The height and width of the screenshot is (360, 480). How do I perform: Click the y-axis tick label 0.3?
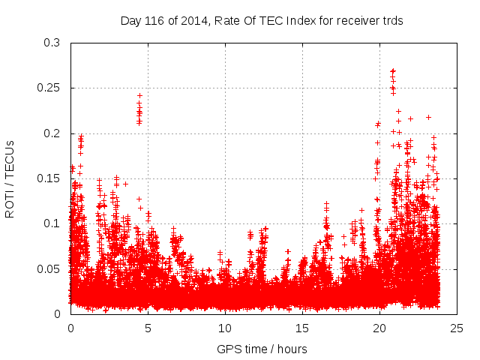pos(52,43)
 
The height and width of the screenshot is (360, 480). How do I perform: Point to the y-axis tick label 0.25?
pos(49,88)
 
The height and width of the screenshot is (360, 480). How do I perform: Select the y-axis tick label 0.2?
pos(52,133)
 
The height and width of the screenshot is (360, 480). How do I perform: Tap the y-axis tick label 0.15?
pos(49,178)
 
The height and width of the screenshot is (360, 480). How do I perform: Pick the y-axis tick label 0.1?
pos(52,223)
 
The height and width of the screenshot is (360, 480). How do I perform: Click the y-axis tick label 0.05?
pos(49,268)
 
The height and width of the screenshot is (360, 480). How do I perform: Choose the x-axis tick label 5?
pos(148,328)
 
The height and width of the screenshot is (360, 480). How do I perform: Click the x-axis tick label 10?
pos(225,328)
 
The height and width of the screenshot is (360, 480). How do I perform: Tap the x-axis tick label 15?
pos(302,328)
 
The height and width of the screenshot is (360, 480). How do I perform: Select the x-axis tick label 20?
pos(379,328)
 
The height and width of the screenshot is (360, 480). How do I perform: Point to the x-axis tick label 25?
pos(457,328)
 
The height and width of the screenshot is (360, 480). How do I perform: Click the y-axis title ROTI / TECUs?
pos(10,178)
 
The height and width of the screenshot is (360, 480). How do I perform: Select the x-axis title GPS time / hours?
pos(262,349)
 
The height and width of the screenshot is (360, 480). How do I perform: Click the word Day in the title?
pos(130,21)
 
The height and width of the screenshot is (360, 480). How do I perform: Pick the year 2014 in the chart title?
pos(190,21)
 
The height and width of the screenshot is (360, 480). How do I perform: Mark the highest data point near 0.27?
pos(392,71)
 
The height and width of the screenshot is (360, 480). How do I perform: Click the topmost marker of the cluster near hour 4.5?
pos(139,96)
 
